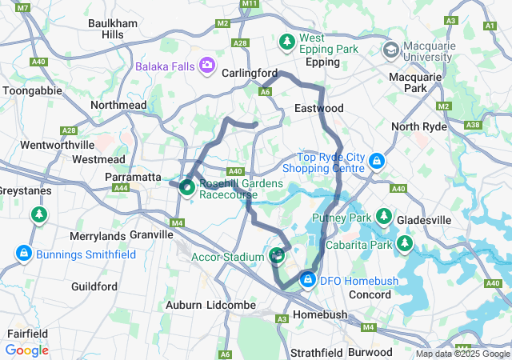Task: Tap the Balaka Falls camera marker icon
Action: point(207,65)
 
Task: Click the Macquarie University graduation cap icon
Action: point(391,50)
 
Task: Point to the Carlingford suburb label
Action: point(250,73)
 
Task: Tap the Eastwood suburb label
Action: point(318,108)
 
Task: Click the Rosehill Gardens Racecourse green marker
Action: point(187,188)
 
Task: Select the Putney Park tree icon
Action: point(384,217)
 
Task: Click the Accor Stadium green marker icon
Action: point(277,256)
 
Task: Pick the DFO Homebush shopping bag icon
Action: point(307,279)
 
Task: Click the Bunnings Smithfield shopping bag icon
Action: point(24,254)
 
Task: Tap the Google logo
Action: point(26,350)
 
